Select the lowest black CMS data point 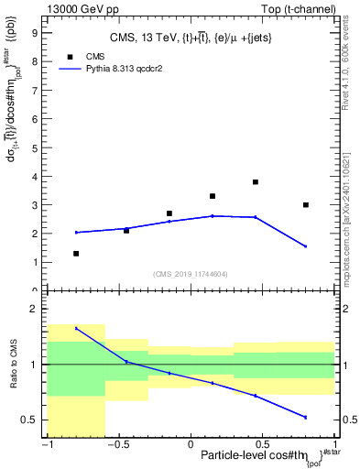point(76,254)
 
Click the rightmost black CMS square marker point(306,205)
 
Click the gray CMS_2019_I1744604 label point(191,274)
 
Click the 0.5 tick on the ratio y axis point(31,420)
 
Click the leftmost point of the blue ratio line point(76,328)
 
